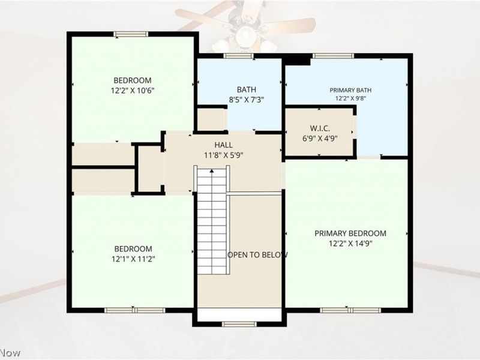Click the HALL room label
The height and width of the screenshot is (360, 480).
pyautogui.click(x=223, y=145)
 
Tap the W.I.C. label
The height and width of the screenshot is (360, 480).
pyautogui.click(x=320, y=128)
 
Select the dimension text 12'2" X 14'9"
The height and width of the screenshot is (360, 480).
pyautogui.click(x=350, y=244)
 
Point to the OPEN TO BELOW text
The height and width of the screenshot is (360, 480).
pyautogui.click(x=257, y=254)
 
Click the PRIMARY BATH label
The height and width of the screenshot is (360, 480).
pyautogui.click(x=350, y=91)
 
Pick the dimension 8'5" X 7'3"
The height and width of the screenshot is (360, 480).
pyautogui.click(x=247, y=100)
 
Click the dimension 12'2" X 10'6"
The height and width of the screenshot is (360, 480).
pyautogui.click(x=133, y=91)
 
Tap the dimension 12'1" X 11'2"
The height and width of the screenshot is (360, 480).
pyautogui.click(x=133, y=259)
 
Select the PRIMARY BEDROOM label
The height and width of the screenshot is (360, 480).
pyautogui.click(x=350, y=233)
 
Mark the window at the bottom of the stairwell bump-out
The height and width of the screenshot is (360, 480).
pyautogui.click(x=239, y=324)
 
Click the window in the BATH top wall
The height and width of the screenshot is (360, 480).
pyautogui.click(x=238, y=56)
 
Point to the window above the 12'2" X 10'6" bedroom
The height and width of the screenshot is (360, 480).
pyautogui.click(x=131, y=34)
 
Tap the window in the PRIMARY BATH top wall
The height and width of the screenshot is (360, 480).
pyautogui.click(x=333, y=56)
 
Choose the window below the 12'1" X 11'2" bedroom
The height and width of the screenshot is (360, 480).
pyautogui.click(x=134, y=310)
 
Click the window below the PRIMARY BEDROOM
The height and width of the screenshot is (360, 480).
pyautogui.click(x=350, y=310)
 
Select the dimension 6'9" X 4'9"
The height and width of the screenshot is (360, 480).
pyautogui.click(x=320, y=139)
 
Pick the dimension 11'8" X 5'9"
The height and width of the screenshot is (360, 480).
pyautogui.click(x=223, y=155)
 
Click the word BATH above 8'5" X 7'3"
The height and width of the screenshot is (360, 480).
pyautogui.click(x=247, y=89)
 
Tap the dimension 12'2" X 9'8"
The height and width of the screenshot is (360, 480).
pyautogui.click(x=350, y=98)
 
